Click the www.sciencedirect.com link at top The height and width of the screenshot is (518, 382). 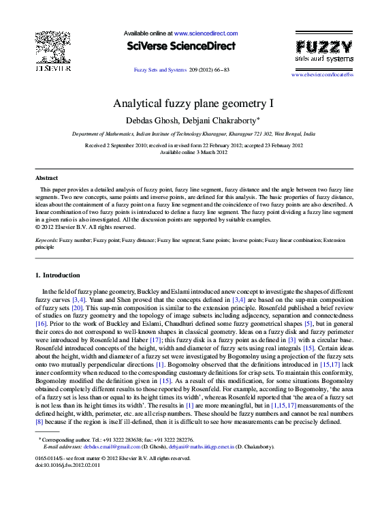[206, 33]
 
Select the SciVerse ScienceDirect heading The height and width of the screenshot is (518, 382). [180, 47]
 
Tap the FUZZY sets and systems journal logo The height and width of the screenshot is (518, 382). [323, 52]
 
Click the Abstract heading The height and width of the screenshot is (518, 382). [46, 177]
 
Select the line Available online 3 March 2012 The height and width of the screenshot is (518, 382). [193, 152]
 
